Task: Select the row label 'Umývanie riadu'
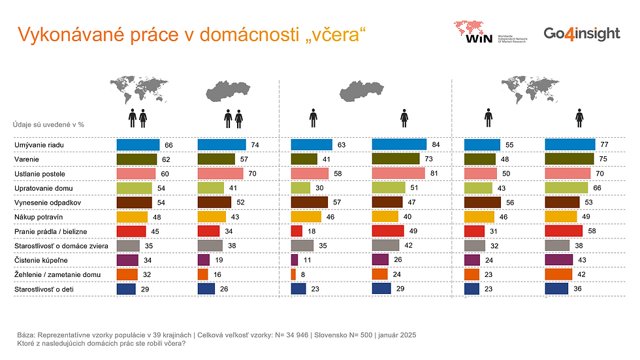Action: point(38,145)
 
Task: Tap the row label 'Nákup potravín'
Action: point(38,216)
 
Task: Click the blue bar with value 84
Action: point(398,145)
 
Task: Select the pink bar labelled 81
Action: point(398,173)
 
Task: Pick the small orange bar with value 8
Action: point(293,274)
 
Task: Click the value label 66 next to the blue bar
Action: point(168,145)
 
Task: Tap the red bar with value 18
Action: point(296,231)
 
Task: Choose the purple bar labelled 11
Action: point(295,259)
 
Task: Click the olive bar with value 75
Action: point(569,159)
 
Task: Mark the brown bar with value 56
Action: point(481,202)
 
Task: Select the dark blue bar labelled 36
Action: point(556,288)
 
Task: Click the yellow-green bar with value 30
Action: point(300,188)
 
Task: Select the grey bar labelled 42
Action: point(385,245)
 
